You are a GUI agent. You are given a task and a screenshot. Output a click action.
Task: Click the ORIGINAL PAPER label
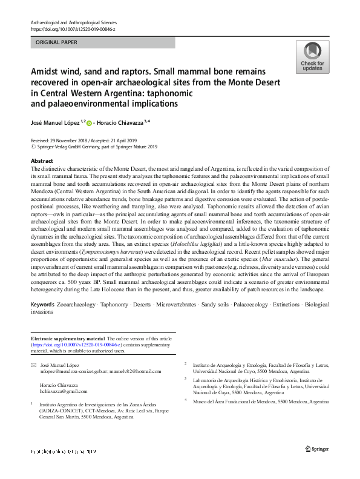pyautogui.click(x=56, y=43)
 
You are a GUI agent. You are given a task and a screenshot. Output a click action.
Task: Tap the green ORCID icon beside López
pyautogui.click(x=89, y=123)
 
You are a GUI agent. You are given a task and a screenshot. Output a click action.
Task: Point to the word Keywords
pyautogui.click(x=42, y=304)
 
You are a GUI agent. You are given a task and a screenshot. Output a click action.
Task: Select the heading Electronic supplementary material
pyautogui.click(x=68, y=338)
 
